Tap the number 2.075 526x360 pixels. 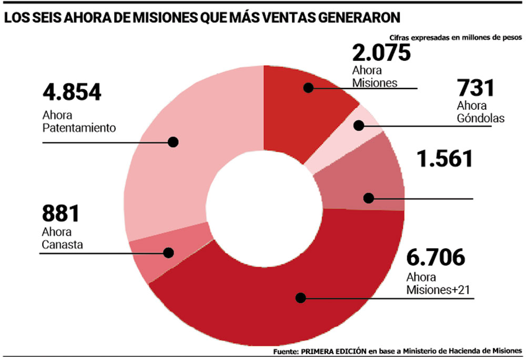click(x=381, y=53)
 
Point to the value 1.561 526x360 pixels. click(x=444, y=159)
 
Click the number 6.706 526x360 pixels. click(x=436, y=258)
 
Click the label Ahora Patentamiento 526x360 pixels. click(x=78, y=121)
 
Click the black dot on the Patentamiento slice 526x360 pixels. click(x=173, y=142)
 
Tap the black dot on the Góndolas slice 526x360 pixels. click(x=359, y=126)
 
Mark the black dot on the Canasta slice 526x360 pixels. click(x=168, y=252)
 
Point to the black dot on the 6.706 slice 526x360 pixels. click(x=300, y=297)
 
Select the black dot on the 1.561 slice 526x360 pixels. click(x=368, y=198)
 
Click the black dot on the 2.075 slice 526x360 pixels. click(x=308, y=88)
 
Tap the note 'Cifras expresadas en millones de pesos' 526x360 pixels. click(x=456, y=38)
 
